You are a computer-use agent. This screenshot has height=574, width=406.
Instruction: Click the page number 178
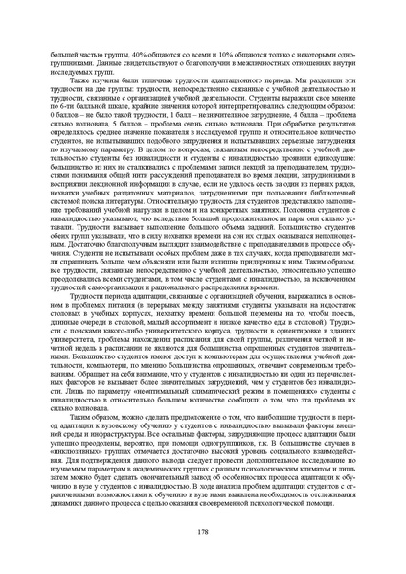coord(203,531)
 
